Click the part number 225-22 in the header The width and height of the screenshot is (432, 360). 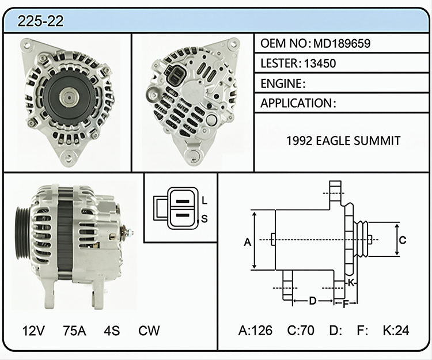40,21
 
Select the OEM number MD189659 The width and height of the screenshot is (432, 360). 342,43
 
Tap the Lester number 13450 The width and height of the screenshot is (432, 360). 320,63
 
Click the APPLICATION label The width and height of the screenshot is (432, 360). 296,103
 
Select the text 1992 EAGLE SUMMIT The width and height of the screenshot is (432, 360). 343,141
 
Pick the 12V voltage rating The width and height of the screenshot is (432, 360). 33,331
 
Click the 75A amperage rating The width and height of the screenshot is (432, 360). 74,331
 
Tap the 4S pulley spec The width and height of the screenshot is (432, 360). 112,331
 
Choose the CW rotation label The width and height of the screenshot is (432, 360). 149,331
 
